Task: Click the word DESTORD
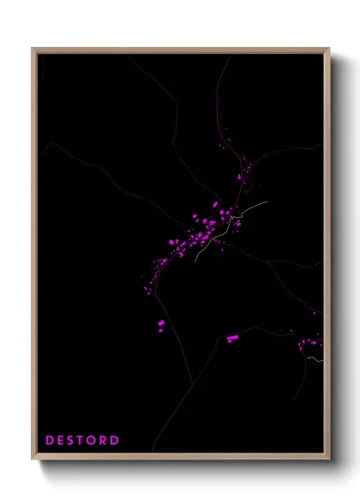pos(82,441)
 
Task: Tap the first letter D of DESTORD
pos(50,441)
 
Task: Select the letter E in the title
pos(61,441)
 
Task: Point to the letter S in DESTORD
pos(71,441)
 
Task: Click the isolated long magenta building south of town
pos(232,339)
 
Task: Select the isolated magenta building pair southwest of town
pos(160,323)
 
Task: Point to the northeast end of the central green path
pos(267,202)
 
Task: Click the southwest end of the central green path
pos(195,259)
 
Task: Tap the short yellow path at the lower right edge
pos(315,359)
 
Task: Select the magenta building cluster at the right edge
pos(309,345)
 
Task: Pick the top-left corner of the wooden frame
pos(33,48)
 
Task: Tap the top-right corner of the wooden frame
pos(330,48)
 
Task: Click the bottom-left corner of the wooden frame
pos(33,460)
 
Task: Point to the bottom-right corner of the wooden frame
pos(330,460)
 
